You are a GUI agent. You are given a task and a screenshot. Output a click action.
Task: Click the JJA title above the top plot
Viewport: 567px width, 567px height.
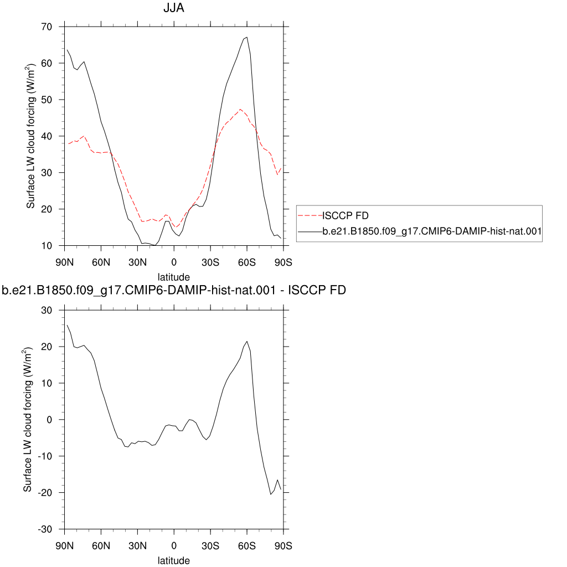173,8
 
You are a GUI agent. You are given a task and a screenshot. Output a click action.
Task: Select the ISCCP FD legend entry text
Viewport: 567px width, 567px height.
346,215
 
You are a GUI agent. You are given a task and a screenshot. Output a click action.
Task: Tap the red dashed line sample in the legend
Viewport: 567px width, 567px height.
310,216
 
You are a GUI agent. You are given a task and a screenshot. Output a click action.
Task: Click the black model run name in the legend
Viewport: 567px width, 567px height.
432,231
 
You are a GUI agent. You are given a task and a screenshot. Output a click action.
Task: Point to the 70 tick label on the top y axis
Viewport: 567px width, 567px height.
47,27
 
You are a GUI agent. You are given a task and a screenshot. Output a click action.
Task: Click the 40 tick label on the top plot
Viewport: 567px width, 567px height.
47,136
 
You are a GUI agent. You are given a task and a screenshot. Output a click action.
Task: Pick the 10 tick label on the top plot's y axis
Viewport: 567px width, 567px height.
47,246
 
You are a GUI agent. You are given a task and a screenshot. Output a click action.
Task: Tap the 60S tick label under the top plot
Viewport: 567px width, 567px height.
246,262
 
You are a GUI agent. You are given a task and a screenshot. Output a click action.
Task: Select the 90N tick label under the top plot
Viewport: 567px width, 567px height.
64,262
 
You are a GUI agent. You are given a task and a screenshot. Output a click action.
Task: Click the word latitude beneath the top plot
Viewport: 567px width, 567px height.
173,277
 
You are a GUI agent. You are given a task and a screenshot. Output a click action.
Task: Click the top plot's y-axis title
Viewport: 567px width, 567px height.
31,136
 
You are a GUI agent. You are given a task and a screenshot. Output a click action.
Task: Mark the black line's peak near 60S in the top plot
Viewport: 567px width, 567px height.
246,37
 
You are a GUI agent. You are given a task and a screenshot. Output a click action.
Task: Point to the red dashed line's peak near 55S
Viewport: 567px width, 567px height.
240,109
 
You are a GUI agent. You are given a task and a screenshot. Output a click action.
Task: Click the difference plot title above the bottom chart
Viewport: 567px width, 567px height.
173,290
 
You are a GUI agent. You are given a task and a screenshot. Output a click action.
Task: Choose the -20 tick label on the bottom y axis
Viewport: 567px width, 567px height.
45,493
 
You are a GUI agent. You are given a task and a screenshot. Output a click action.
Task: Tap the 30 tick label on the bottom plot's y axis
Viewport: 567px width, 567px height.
47,310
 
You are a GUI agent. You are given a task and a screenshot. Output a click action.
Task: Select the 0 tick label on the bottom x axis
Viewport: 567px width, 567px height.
174,545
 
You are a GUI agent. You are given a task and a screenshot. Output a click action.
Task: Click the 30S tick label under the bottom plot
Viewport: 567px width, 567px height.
210,545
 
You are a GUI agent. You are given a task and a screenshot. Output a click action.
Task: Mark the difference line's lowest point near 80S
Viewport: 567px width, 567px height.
270,494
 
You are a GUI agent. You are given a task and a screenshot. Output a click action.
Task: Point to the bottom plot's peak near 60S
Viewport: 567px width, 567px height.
246,341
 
